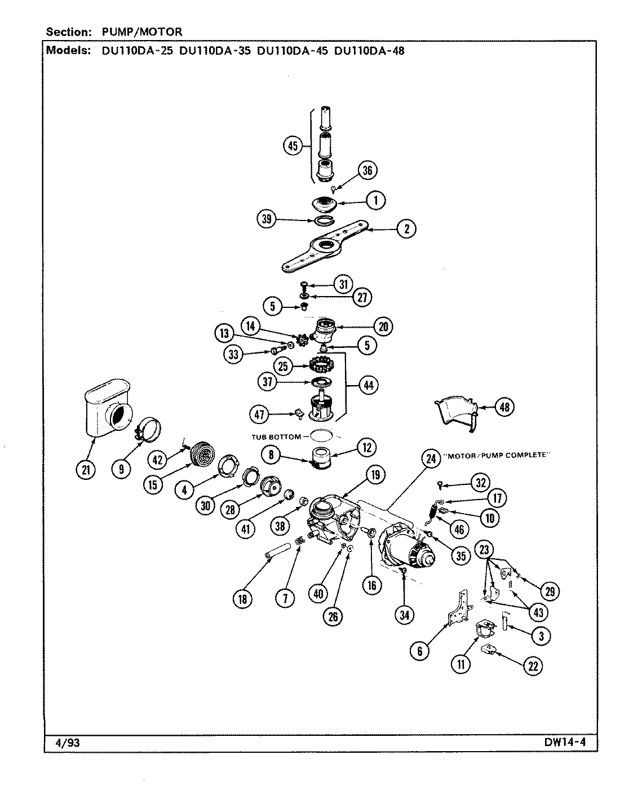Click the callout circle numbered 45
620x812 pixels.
click(x=293, y=146)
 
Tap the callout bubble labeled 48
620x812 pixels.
click(x=504, y=407)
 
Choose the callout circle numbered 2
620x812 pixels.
click(x=406, y=228)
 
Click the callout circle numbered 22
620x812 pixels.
click(x=533, y=665)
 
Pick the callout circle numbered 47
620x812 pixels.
click(x=260, y=415)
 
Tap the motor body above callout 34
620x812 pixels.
click(x=407, y=547)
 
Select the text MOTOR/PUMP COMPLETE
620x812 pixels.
click(x=497, y=456)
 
